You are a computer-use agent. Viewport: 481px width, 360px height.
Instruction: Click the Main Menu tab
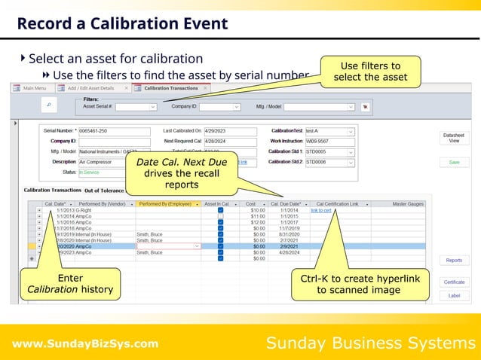(33, 88)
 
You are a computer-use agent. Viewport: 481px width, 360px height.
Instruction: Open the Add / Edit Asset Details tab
(93, 88)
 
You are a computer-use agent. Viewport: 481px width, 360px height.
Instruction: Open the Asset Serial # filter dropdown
(136, 108)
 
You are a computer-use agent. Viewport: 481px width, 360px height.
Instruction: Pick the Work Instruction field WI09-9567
(329, 141)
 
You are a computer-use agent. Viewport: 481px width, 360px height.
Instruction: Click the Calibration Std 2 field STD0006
(329, 161)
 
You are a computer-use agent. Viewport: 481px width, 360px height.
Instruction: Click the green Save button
(453, 162)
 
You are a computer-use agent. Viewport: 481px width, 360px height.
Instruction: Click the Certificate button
(453, 281)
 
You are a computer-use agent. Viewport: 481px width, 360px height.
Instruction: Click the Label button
(453, 295)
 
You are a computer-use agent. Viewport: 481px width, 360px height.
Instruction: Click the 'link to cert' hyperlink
(321, 210)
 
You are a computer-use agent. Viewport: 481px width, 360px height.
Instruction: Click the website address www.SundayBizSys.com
(85, 344)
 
